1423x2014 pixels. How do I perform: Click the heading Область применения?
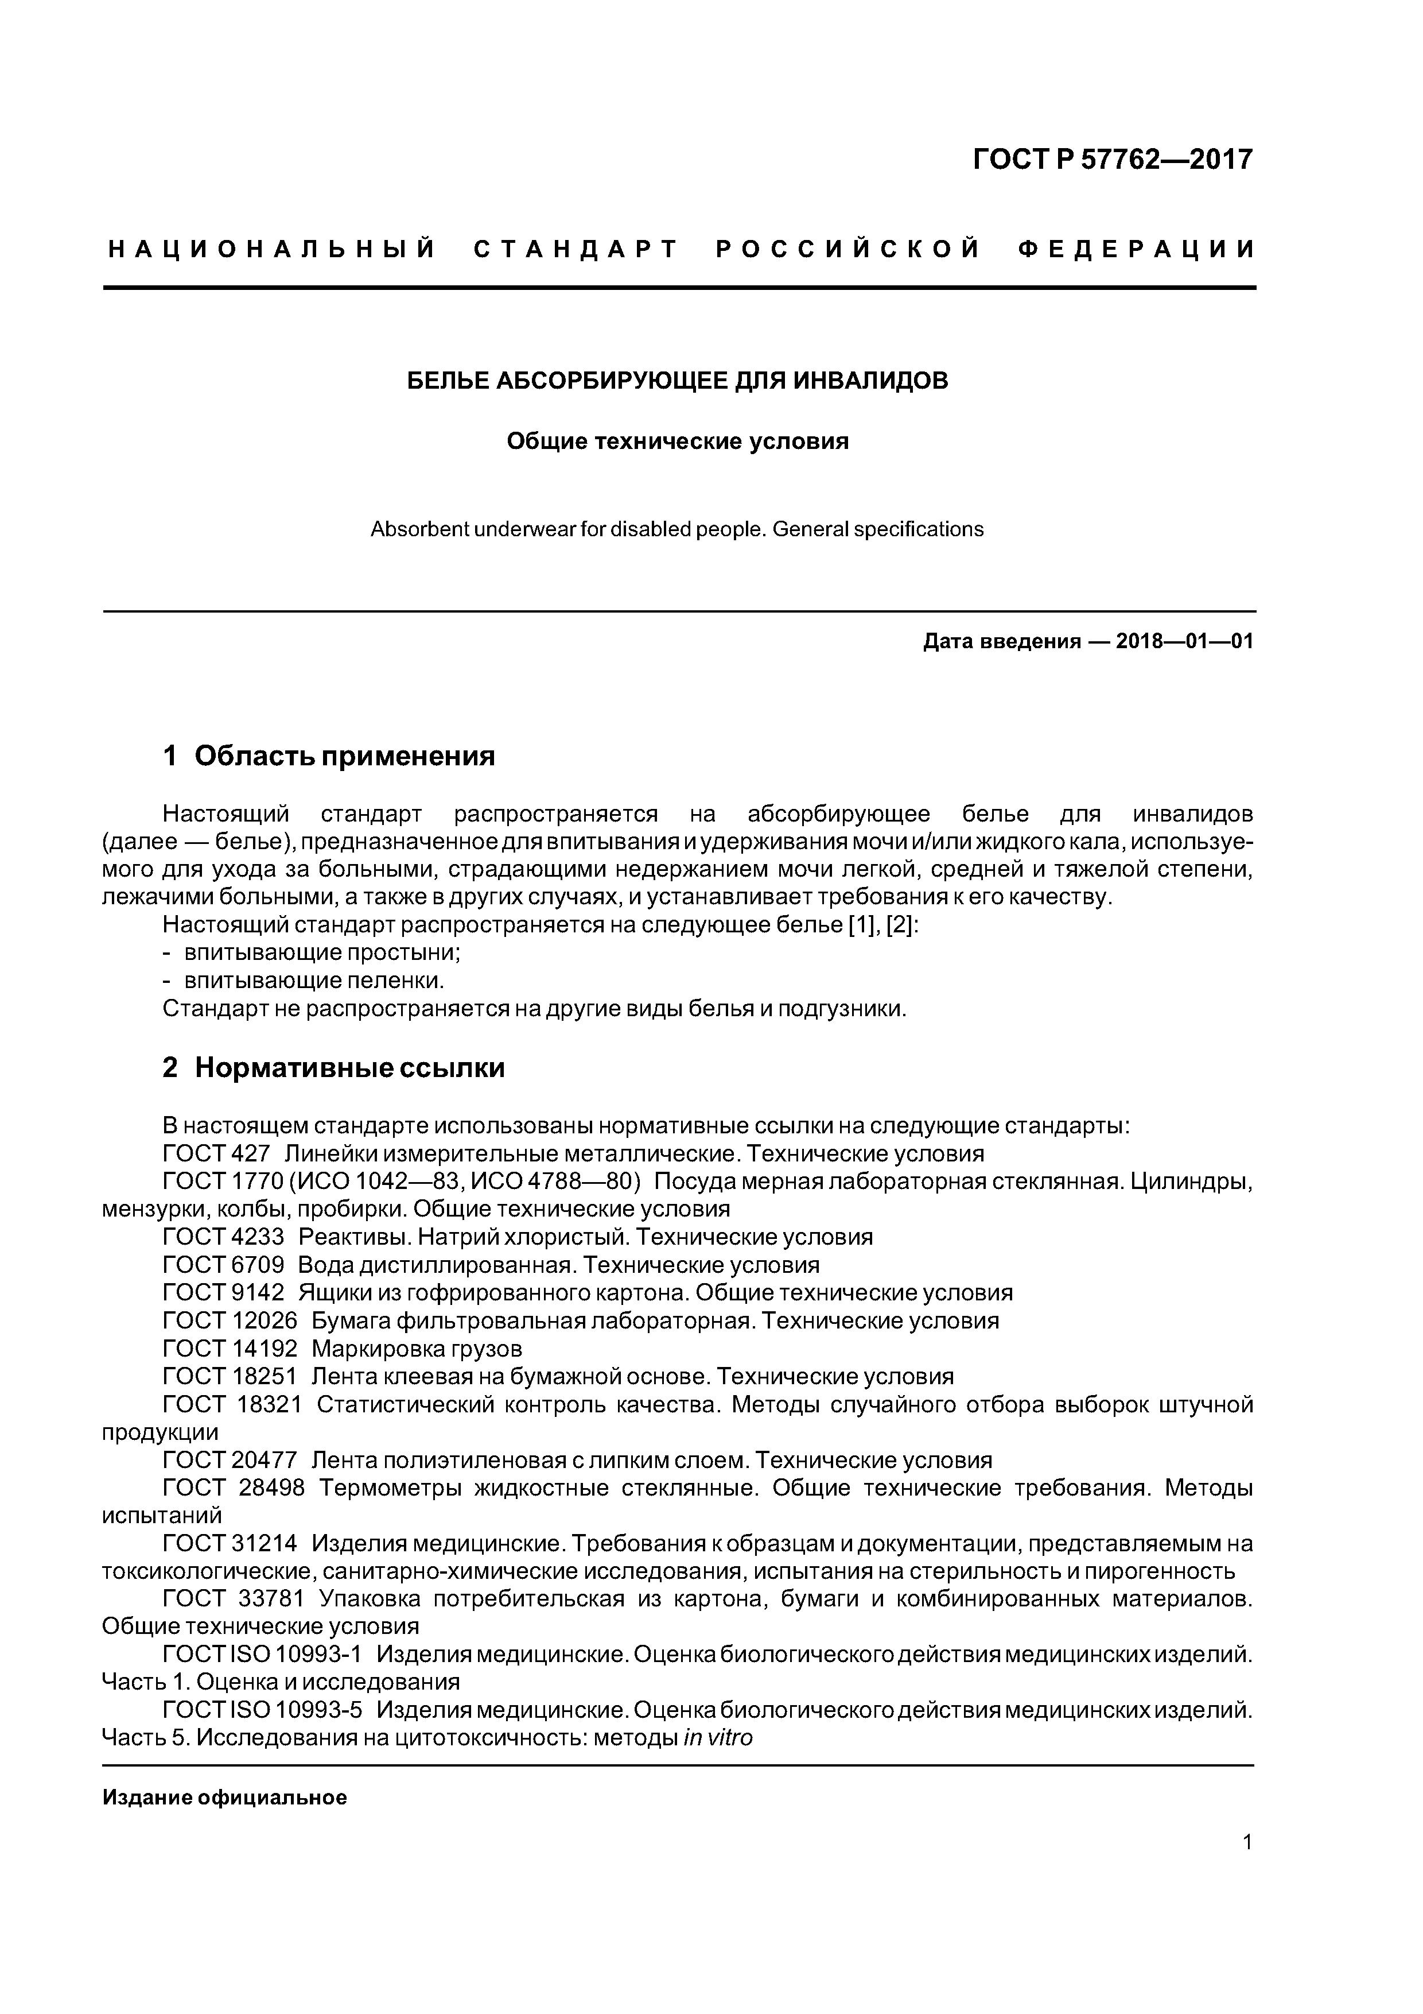(x=345, y=756)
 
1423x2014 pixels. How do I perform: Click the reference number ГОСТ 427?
(x=216, y=1153)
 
